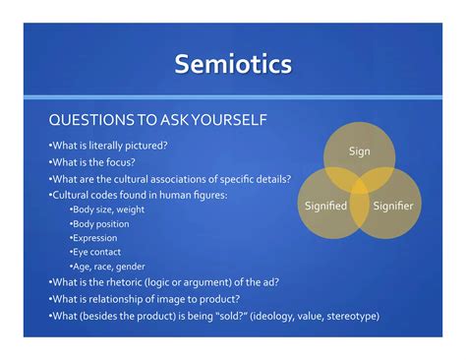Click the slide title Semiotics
(x=233, y=65)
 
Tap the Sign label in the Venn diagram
(x=360, y=150)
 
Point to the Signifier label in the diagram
(x=391, y=206)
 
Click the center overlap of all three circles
(x=361, y=187)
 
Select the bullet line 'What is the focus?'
(x=93, y=162)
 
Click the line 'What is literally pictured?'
(x=107, y=146)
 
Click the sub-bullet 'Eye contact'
(x=96, y=252)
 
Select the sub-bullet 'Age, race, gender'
(x=108, y=266)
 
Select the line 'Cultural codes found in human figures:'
(x=137, y=195)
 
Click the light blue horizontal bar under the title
(x=233, y=96)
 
